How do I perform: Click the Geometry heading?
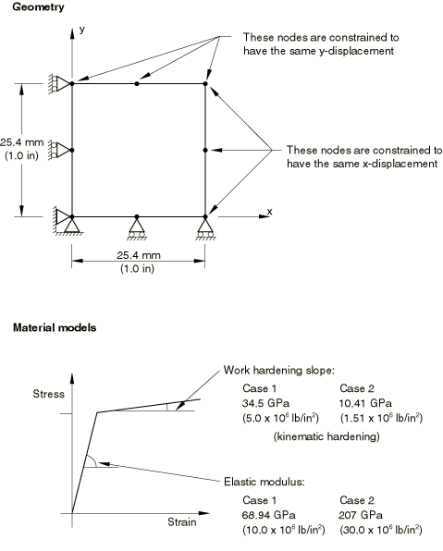[38, 7]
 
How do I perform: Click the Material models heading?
[55, 328]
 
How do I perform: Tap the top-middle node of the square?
[137, 83]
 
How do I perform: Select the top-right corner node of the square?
[205, 83]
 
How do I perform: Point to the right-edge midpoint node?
[205, 150]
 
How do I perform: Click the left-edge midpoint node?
[72, 150]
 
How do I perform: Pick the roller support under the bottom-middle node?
[137, 229]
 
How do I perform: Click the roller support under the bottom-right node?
[205, 229]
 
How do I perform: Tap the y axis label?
[82, 30]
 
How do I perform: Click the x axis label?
[270, 212]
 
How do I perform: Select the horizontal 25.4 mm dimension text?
[139, 255]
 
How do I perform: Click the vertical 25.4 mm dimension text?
[22, 142]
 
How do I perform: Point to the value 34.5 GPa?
[265, 403]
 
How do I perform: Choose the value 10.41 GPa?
[365, 403]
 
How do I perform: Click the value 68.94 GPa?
[268, 515]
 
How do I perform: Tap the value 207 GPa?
[361, 515]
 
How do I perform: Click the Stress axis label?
[48, 394]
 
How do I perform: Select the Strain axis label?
[182, 522]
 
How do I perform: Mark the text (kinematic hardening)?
[326, 436]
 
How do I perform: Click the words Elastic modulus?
[264, 482]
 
